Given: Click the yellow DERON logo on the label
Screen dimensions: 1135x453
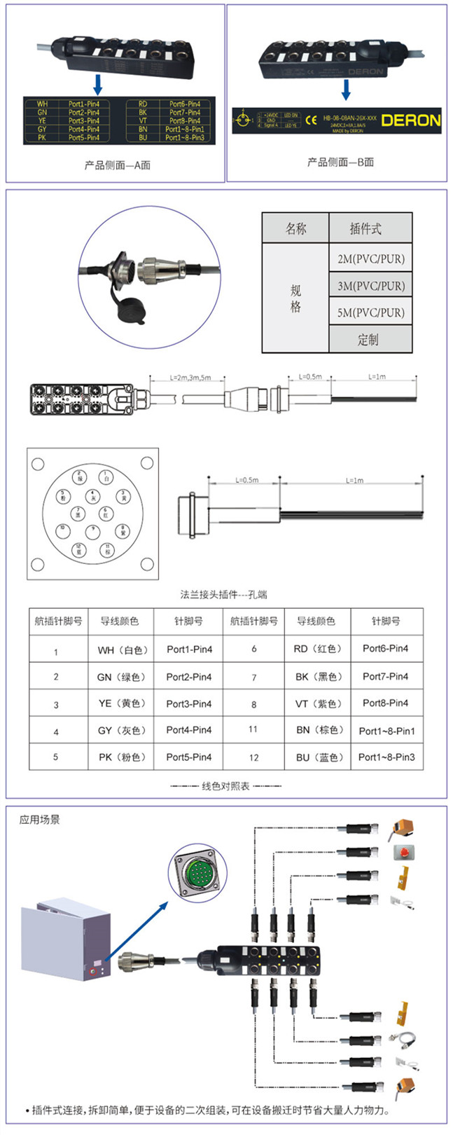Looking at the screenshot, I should click(x=411, y=120).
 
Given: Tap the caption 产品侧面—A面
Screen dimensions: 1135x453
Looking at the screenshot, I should click(x=117, y=165).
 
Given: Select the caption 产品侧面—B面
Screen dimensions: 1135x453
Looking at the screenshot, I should click(x=340, y=163).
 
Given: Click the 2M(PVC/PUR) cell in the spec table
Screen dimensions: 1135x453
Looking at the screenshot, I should click(x=370, y=259).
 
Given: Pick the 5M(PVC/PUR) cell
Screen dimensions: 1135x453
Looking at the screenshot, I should click(x=370, y=312).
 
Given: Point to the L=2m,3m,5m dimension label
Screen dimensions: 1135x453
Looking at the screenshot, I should click(x=190, y=377).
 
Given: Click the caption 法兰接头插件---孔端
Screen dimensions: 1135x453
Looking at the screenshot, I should click(x=223, y=595).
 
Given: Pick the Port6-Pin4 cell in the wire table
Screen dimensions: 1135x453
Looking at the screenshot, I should click(x=385, y=649).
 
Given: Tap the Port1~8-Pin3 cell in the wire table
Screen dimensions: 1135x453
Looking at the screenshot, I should click(x=386, y=757).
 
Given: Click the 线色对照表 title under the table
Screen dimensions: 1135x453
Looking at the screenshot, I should click(x=225, y=786).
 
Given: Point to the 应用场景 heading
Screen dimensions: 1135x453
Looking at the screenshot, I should click(x=39, y=819).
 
